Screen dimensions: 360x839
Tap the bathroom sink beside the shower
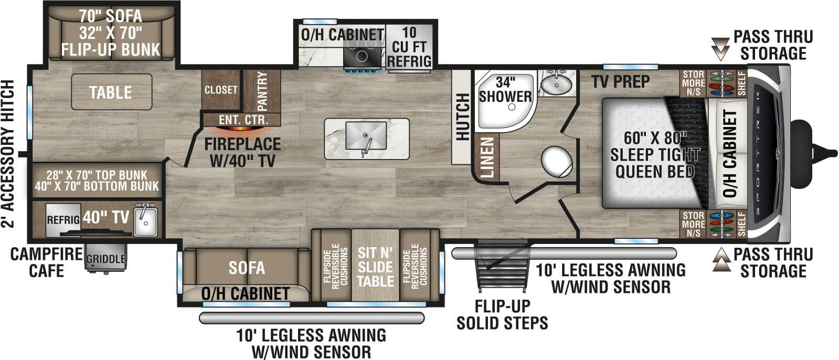pyautogui.click(x=557, y=83)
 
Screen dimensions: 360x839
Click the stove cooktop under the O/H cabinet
pyautogui.click(x=363, y=55)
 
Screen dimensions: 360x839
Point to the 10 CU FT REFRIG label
pyautogui.click(x=409, y=47)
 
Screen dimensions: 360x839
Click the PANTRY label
pyautogui.click(x=262, y=91)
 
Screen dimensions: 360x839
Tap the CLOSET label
pyautogui.click(x=221, y=90)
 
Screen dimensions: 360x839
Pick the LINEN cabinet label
pyautogui.click(x=487, y=157)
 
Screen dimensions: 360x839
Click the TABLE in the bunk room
pyautogui.click(x=111, y=92)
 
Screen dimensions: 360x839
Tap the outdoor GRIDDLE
pyautogui.click(x=106, y=259)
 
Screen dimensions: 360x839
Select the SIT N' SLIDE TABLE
pyautogui.click(x=375, y=267)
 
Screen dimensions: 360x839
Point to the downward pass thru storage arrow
pyautogui.click(x=721, y=48)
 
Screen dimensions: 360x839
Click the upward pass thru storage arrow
pyautogui.click(x=721, y=259)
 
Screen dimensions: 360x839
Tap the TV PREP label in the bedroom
pyautogui.click(x=620, y=82)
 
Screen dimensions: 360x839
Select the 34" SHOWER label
pyautogui.click(x=505, y=90)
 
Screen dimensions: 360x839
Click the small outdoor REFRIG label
pyautogui.click(x=63, y=220)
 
